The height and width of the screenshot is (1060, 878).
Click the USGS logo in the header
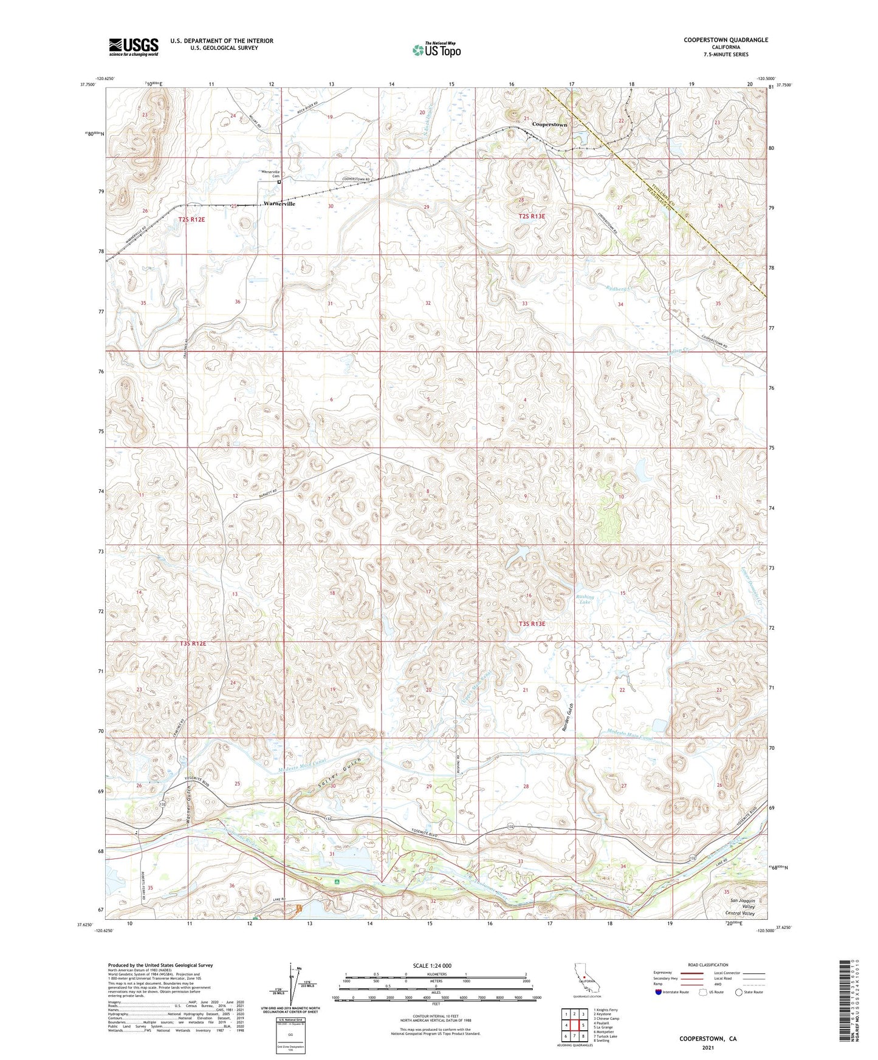(x=134, y=46)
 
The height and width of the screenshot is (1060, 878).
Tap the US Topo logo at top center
(x=436, y=50)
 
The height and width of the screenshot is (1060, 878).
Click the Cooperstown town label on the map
(x=549, y=124)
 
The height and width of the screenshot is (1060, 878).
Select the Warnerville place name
(x=280, y=204)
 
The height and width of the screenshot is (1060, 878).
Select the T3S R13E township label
(x=532, y=623)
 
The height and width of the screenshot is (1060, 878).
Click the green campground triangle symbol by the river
(x=337, y=881)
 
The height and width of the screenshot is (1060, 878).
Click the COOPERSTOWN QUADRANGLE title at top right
(x=725, y=40)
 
